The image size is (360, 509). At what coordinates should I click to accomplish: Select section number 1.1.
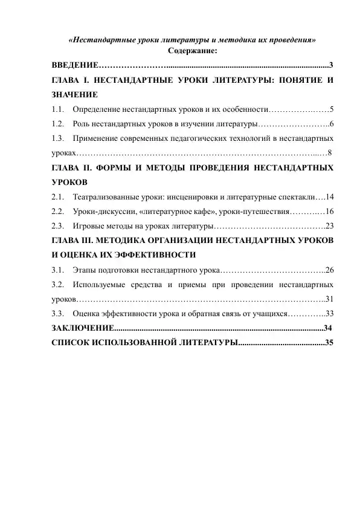58,110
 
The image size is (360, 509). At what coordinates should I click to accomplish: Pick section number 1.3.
58,139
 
